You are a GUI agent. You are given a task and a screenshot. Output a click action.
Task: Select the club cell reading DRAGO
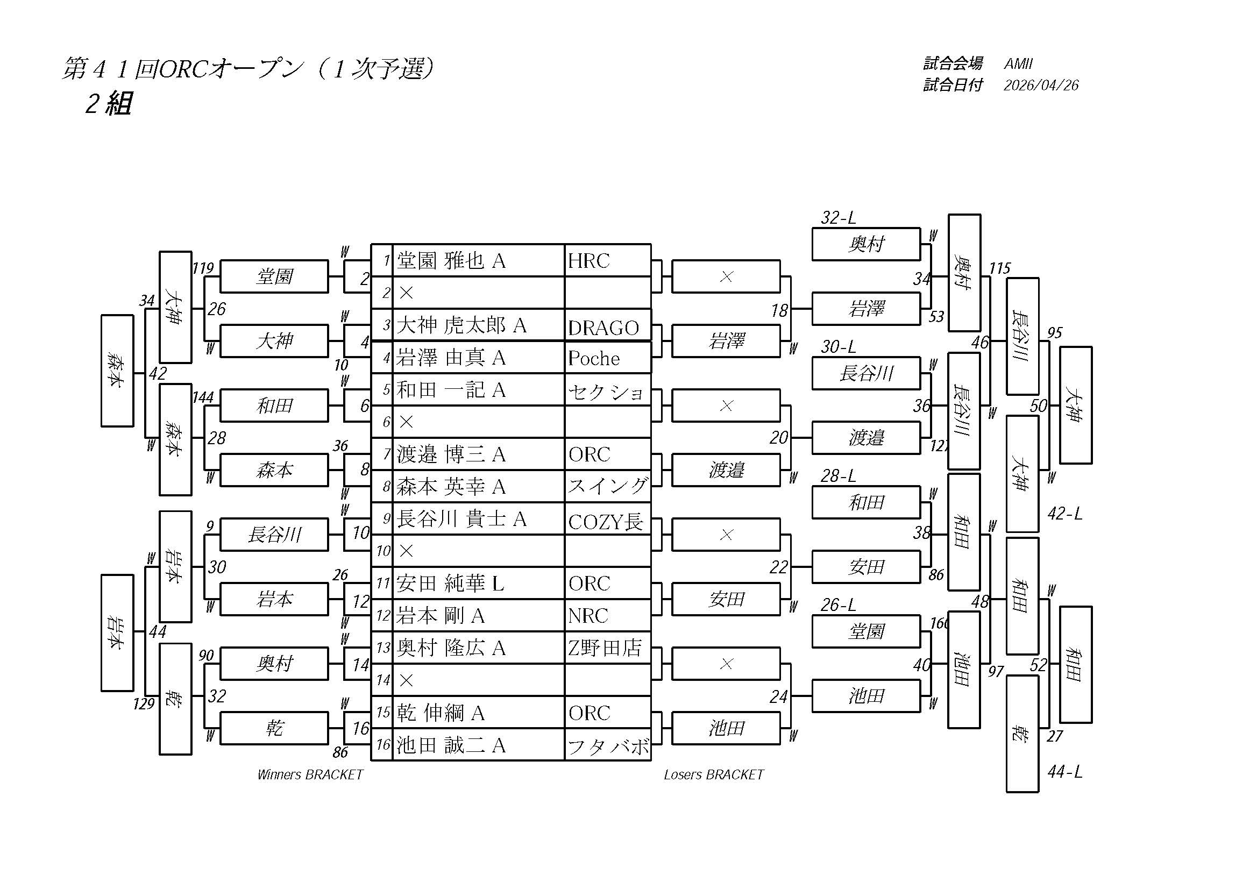(x=603, y=328)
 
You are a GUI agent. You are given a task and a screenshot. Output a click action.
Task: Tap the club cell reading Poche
(x=593, y=358)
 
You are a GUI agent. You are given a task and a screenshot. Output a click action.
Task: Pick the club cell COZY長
(x=605, y=521)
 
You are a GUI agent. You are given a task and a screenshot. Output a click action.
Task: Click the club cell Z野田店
(x=605, y=648)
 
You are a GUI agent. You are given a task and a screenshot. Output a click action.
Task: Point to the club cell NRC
(x=588, y=615)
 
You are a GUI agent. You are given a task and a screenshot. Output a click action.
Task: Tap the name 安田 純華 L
(x=450, y=583)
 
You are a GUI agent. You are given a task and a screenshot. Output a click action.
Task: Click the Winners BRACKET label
(x=310, y=774)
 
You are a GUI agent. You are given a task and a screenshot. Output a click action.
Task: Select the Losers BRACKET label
(x=713, y=774)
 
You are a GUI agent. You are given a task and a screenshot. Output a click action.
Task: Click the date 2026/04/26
(x=1041, y=86)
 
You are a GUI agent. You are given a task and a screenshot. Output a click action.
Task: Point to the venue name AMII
(x=1018, y=64)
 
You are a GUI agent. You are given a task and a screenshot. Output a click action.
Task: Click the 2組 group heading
(x=109, y=103)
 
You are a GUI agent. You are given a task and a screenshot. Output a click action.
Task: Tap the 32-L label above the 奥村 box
(x=837, y=218)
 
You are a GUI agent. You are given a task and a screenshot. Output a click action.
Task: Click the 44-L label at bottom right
(x=1064, y=771)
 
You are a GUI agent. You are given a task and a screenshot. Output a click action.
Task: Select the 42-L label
(x=1064, y=514)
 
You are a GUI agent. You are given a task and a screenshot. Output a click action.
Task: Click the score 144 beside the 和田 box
(x=203, y=397)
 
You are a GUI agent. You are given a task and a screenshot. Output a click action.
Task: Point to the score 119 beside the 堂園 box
(x=203, y=268)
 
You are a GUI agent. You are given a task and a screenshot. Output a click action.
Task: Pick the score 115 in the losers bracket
(x=999, y=268)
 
